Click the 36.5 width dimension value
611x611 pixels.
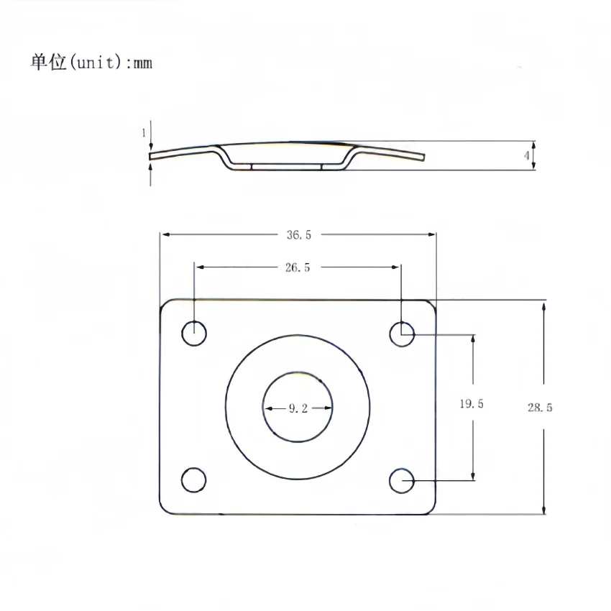298,234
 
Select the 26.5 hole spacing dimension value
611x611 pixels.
298,267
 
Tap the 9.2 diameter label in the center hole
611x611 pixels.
298,408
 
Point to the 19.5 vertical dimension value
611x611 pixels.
472,404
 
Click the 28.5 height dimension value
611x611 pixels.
540,407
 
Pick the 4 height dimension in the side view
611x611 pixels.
527,155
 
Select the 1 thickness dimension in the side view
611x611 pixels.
144,133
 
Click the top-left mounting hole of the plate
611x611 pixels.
194,334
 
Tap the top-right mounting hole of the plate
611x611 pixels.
403,334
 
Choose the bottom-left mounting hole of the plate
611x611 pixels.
194,480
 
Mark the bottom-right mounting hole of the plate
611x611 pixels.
403,480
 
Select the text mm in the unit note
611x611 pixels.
143,63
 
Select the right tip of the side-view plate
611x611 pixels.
423,157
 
